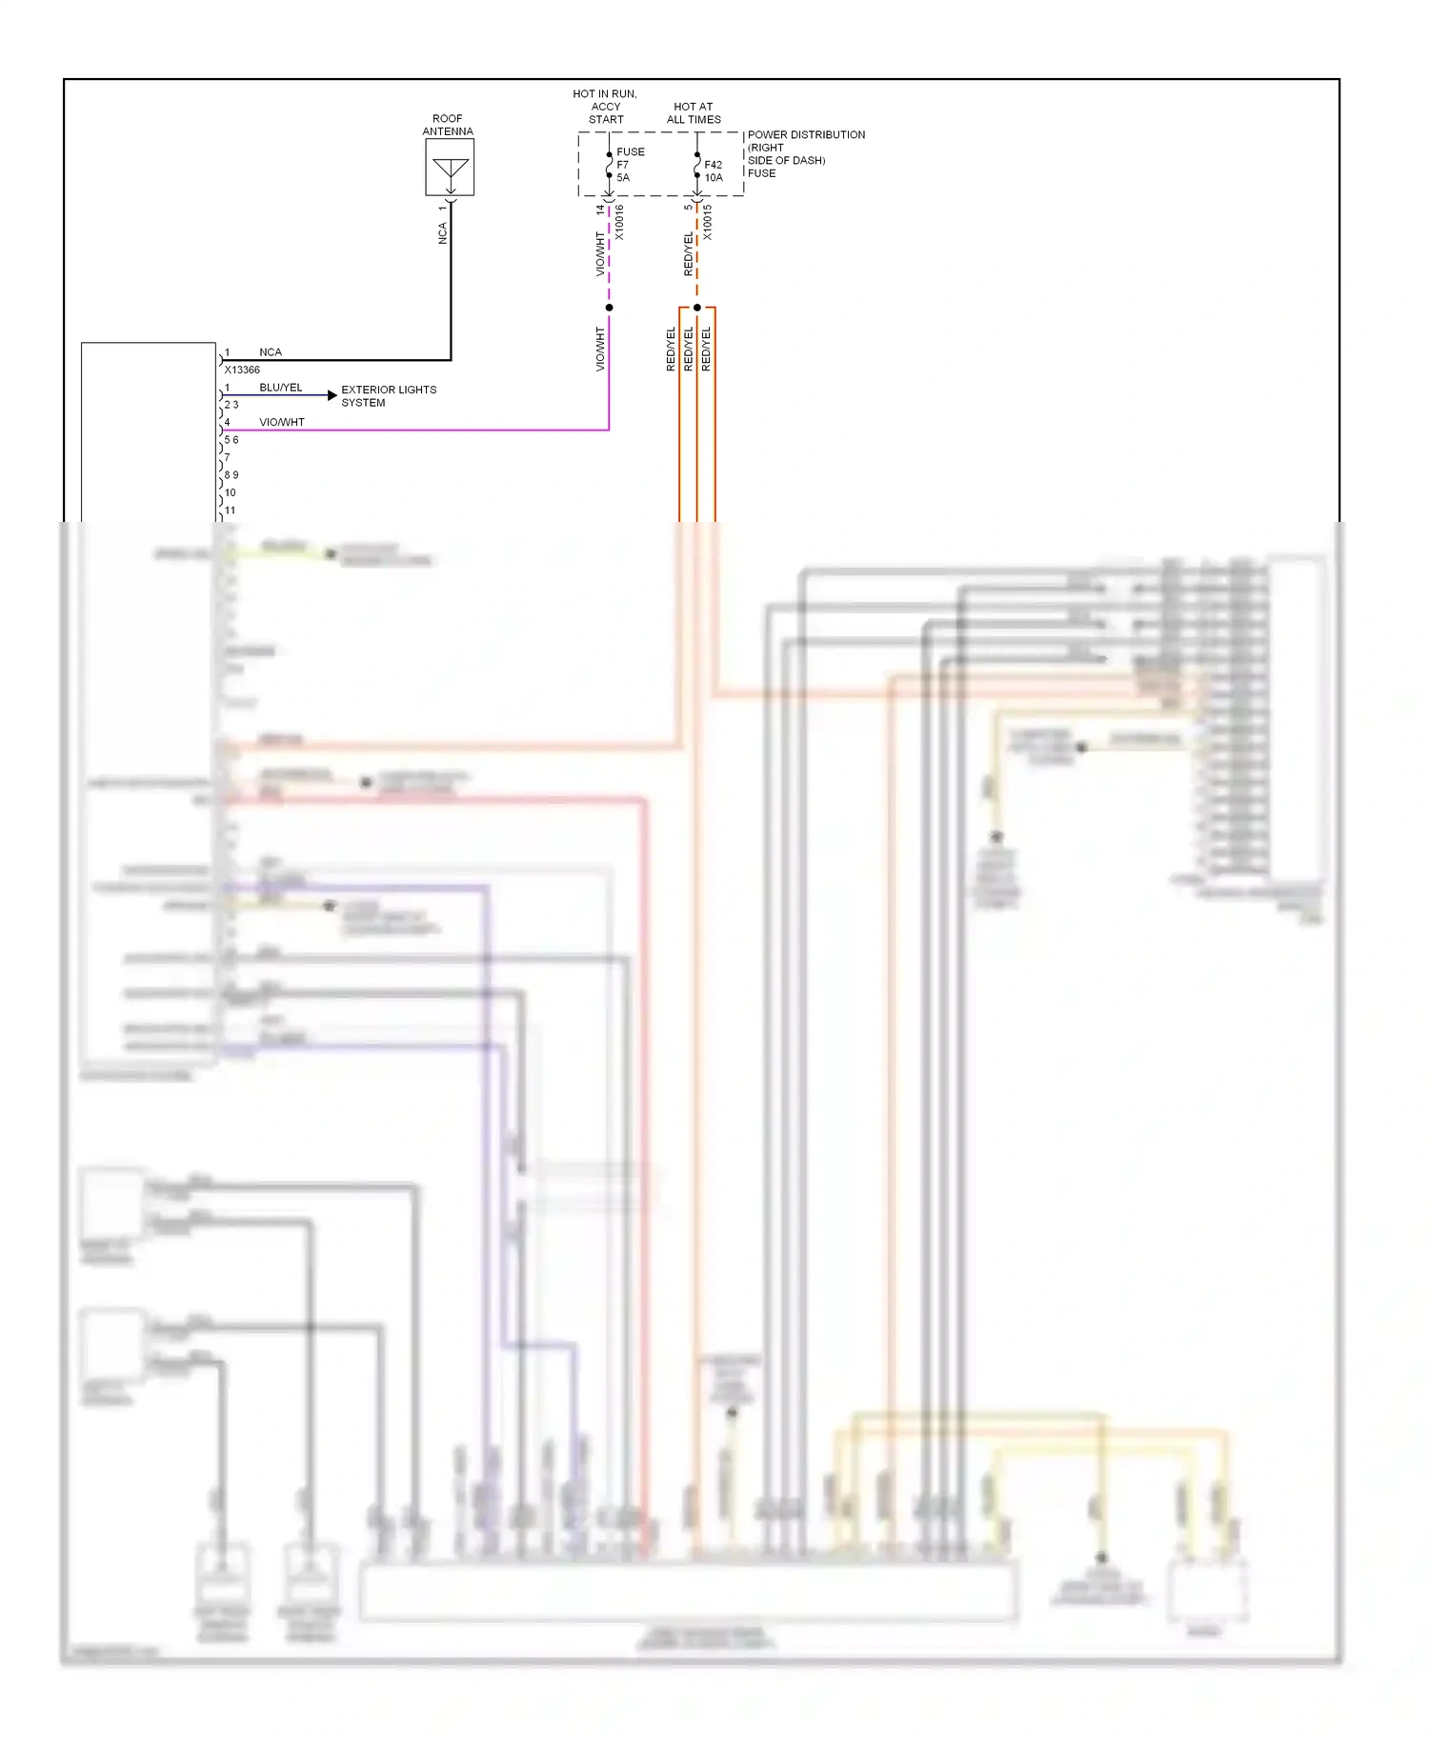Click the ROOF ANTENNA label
tap(448, 125)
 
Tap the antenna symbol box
tap(450, 168)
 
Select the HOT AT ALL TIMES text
tap(694, 113)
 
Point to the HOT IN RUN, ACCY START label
tap(605, 107)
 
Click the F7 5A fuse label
tap(624, 170)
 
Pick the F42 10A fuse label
tap(714, 170)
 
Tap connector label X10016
tap(619, 222)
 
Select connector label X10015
tap(707, 222)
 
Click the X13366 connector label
tap(242, 370)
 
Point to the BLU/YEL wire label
tap(280, 388)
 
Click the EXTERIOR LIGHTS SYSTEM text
tap(389, 396)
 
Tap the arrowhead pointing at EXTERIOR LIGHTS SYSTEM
tap(332, 394)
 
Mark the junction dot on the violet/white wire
tap(609, 308)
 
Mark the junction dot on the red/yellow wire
tap(697, 308)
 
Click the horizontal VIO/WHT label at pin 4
tap(282, 422)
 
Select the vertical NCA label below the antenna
tap(442, 233)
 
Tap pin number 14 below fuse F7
tap(600, 210)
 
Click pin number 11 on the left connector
tap(230, 510)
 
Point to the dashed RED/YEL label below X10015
tap(688, 254)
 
